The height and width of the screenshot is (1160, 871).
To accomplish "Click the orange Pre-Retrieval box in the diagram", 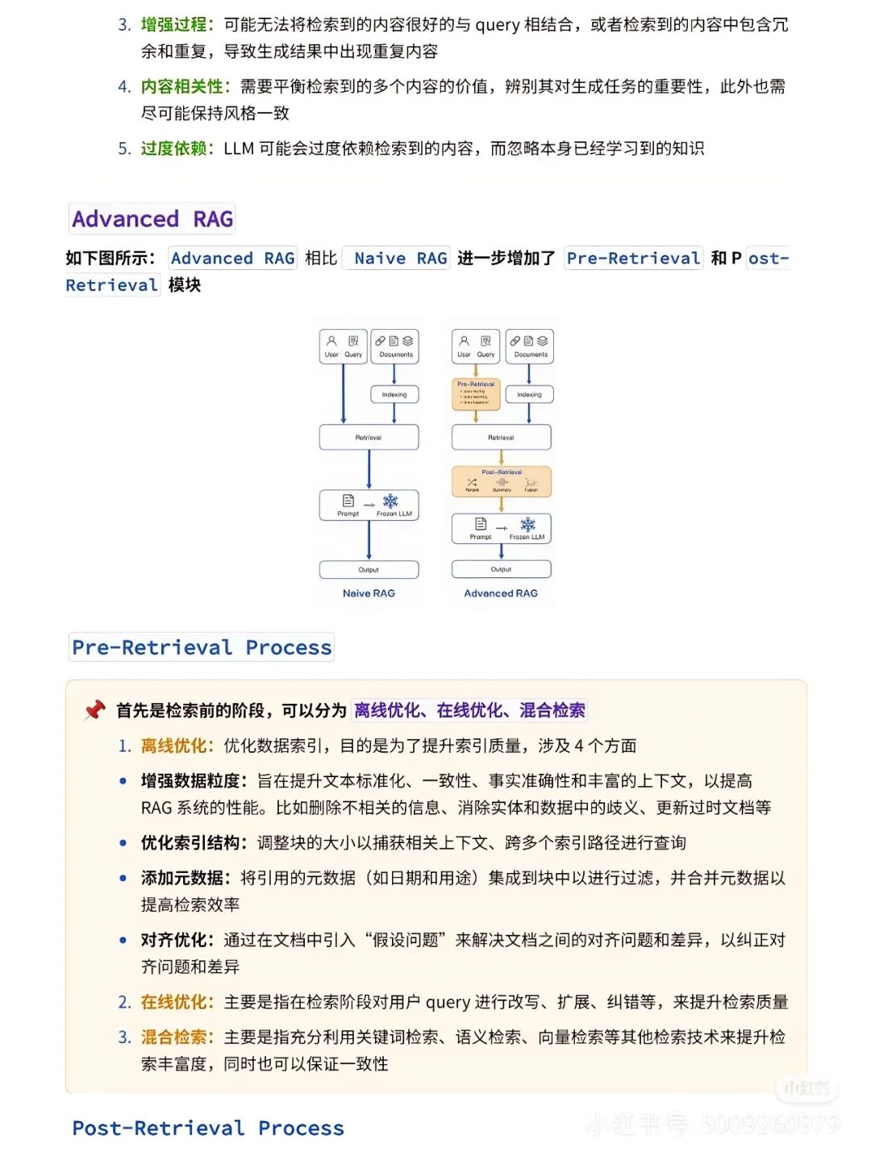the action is tap(476, 394).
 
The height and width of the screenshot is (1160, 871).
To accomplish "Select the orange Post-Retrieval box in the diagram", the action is tap(502, 481).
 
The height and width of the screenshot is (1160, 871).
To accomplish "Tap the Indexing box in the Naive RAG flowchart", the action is tap(394, 394).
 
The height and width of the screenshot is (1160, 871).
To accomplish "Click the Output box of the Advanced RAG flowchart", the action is tap(502, 569).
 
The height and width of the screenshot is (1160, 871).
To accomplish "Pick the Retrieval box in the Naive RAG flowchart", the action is tap(369, 437).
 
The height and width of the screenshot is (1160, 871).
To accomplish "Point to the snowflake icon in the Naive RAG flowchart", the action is tap(390, 501).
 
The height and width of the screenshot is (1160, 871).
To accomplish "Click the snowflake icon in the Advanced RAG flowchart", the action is tap(527, 525).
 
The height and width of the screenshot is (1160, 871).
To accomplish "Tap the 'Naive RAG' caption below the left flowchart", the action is tap(369, 593).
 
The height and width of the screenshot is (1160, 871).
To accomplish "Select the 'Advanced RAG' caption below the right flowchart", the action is tap(501, 593).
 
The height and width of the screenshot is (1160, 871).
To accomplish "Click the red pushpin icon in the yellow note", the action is tap(94, 710).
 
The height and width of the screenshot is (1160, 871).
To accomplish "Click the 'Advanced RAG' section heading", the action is tap(152, 218).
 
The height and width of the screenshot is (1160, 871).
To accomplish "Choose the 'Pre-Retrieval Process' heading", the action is tap(202, 647).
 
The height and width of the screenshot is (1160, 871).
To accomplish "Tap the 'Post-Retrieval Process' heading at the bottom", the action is tap(208, 1128).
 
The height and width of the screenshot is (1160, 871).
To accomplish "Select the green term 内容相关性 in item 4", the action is tap(181, 86).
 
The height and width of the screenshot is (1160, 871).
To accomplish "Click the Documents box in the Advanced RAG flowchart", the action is tap(530, 346).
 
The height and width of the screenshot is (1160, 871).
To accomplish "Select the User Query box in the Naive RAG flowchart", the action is tap(344, 346).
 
